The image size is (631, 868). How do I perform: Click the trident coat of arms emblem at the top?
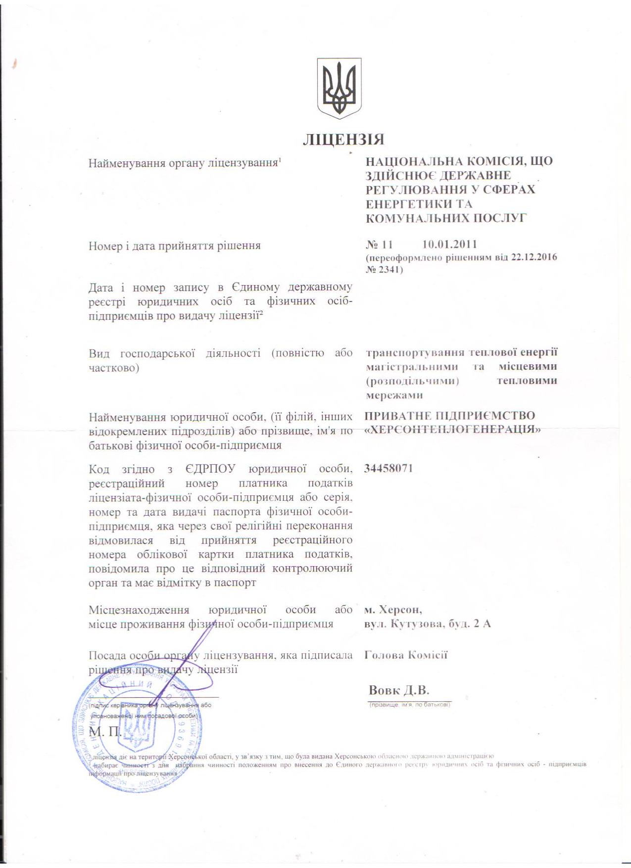pos(339,88)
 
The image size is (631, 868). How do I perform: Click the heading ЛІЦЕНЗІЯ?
pos(343,140)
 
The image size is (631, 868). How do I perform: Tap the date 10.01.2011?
pos(449,244)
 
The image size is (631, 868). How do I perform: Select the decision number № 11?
pos(379,244)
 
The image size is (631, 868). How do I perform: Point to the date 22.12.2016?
pos(534,257)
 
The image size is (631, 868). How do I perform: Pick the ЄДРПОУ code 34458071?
pos(388,468)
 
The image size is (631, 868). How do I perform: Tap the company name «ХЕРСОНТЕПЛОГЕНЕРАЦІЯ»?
pos(452,430)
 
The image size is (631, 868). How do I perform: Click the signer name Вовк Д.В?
pos(399,690)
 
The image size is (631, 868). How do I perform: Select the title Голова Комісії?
pos(406,655)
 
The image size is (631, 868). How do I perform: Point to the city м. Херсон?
pos(393,609)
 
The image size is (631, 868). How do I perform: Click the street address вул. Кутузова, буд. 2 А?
pos(427,624)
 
